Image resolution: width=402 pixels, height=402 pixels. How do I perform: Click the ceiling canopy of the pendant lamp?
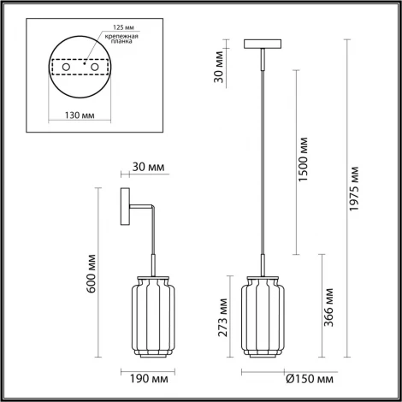(260, 44)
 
